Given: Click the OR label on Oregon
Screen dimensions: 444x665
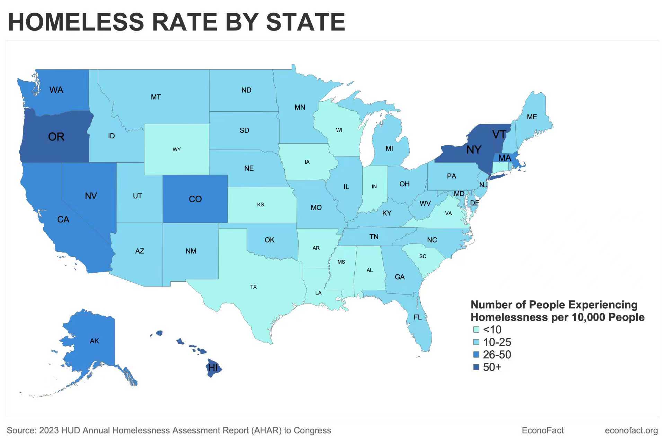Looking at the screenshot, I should pos(56,137).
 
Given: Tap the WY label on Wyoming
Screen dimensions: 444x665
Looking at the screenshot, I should pos(177,150).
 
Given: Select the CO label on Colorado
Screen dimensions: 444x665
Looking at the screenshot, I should pos(195,199).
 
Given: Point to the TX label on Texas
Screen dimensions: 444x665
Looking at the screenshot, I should pos(254,287).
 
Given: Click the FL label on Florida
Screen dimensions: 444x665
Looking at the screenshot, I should pos(418,317).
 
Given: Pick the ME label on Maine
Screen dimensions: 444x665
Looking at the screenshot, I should pos(532,117).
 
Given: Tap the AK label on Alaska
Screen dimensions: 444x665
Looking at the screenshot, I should pos(94,341).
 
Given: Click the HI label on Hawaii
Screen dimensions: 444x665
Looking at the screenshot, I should pos(213,367).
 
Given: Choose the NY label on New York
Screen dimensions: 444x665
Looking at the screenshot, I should pos(474,150).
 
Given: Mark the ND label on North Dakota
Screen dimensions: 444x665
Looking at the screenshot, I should pos(246,90).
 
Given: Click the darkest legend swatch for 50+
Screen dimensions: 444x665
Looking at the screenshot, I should pos(476,367).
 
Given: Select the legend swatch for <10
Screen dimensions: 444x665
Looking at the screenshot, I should pos(476,330).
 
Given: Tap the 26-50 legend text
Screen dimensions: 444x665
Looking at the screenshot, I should pos(497,355).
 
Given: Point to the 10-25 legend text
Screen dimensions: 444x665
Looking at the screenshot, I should pos(497,342).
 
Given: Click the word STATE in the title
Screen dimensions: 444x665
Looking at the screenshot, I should pos(305,22).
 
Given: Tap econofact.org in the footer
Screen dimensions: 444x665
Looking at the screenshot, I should pos(631,430).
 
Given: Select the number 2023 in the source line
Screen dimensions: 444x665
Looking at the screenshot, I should pos(49,430).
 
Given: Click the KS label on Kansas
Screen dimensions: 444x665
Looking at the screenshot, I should pos(260,205).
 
